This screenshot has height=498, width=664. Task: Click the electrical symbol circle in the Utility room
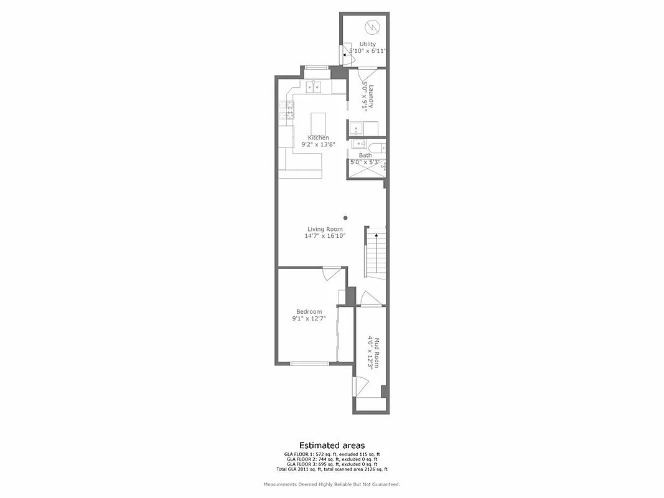372,27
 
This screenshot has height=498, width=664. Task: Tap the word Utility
368,44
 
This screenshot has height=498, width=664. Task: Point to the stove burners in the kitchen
286,110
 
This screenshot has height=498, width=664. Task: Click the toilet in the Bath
380,147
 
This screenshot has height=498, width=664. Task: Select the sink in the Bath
357,144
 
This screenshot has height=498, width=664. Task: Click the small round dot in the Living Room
345,218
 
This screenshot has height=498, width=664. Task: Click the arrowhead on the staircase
376,236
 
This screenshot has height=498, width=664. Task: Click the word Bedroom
309,312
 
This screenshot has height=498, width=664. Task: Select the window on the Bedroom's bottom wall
309,364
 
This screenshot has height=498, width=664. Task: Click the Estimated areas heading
332,445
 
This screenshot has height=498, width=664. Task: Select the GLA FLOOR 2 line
332,459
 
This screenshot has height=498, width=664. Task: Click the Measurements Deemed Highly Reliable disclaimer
332,484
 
